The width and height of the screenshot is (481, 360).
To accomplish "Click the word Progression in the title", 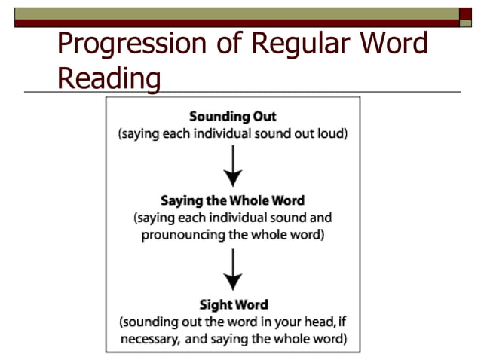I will (x=122, y=45).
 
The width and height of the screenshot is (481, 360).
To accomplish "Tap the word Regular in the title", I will (x=293, y=45).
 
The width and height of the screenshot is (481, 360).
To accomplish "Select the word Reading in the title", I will (x=109, y=78).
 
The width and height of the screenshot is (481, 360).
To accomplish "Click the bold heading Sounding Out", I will (x=233, y=117).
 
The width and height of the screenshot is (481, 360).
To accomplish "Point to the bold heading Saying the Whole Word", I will (x=232, y=202).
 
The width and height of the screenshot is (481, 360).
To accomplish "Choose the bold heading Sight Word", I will (x=233, y=305).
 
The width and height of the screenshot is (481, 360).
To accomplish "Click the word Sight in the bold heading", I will (x=215, y=305).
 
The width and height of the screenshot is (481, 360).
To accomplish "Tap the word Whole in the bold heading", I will (x=254, y=202).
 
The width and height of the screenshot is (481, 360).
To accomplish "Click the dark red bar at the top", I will (x=241, y=23).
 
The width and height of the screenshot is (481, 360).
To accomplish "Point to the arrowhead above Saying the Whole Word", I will (x=233, y=178).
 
